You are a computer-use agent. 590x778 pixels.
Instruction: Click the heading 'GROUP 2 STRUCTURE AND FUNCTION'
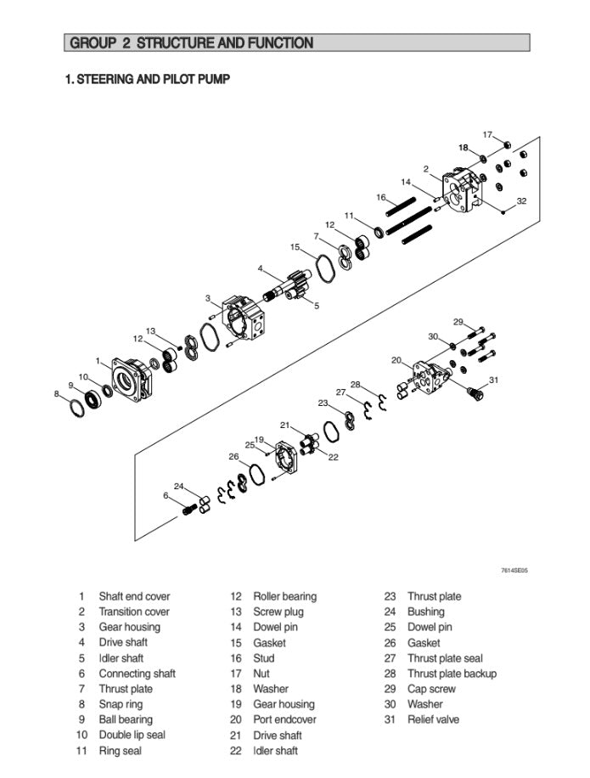(x=191, y=42)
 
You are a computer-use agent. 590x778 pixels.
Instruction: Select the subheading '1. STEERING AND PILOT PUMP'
(x=148, y=79)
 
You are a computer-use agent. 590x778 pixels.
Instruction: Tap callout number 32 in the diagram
(x=521, y=201)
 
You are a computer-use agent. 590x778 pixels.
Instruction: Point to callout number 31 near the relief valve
(x=493, y=380)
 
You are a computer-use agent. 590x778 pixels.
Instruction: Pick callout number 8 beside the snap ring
(x=58, y=393)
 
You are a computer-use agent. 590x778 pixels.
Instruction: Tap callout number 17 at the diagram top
(x=487, y=134)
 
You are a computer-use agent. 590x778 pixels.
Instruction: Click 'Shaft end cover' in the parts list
(x=134, y=596)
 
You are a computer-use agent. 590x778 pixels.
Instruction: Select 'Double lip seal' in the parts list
(x=132, y=735)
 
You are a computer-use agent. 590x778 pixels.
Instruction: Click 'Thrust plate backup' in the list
(x=452, y=674)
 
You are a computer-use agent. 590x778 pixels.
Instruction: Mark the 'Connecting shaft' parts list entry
(x=137, y=674)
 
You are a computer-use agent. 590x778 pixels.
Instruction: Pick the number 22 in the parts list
(x=236, y=751)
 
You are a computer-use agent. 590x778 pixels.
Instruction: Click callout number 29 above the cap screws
(x=458, y=322)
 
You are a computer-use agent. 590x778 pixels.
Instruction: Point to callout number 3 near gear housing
(x=207, y=298)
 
